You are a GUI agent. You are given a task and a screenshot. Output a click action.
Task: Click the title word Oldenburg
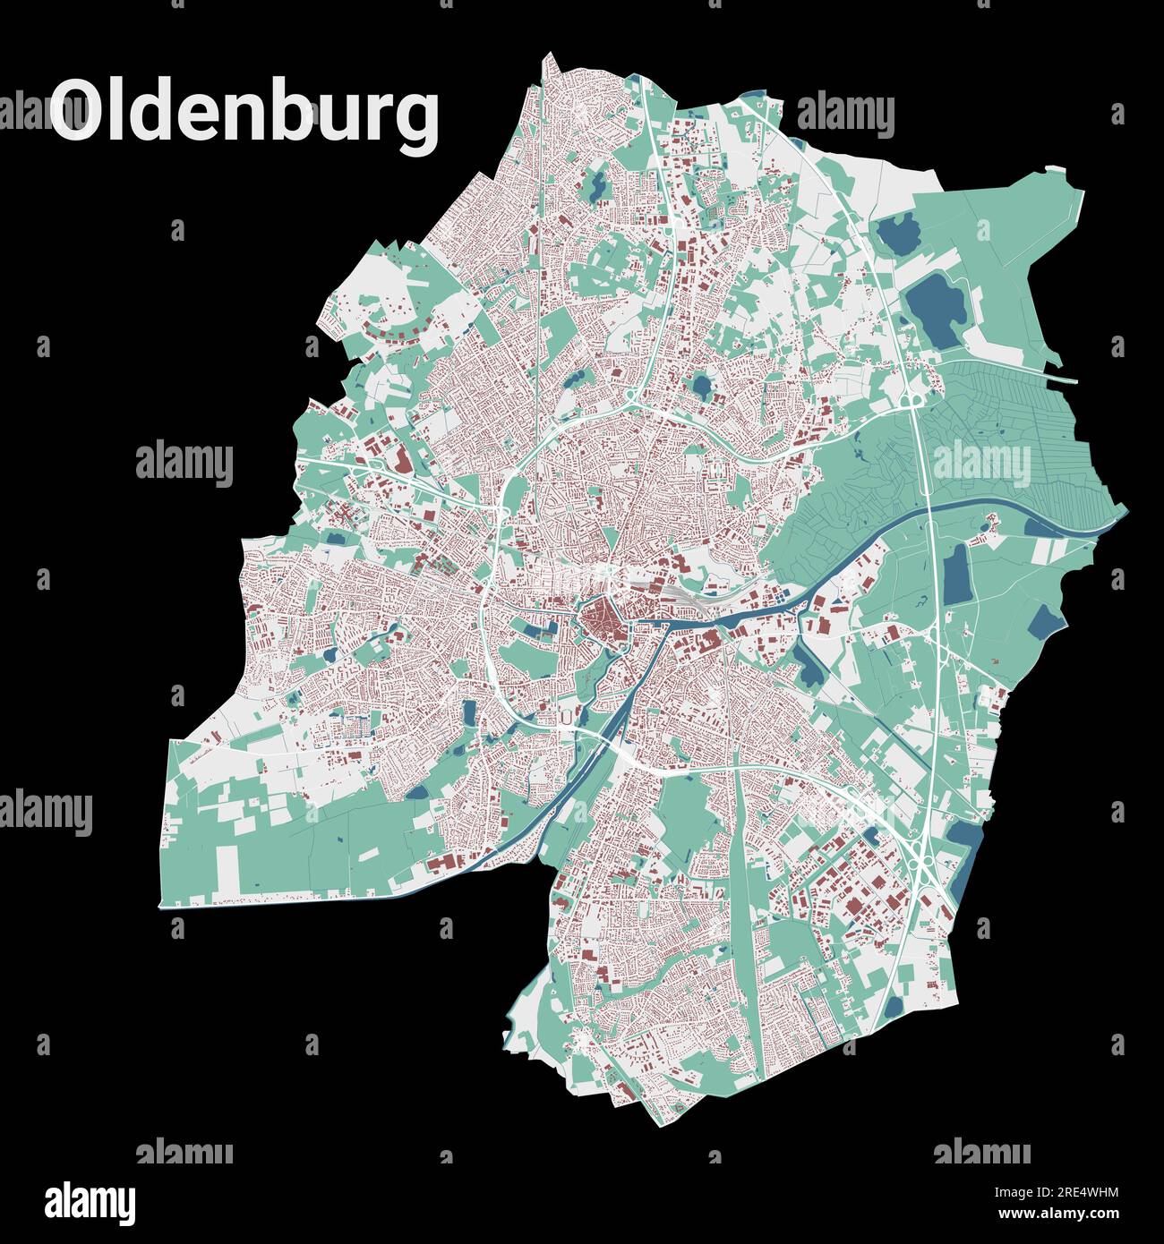(x=244, y=111)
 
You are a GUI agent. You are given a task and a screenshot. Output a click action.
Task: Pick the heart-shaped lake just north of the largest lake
(x=899, y=234)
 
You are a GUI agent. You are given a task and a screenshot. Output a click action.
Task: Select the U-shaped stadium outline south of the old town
(x=566, y=717)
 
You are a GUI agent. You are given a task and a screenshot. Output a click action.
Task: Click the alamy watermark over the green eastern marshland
(x=981, y=464)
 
